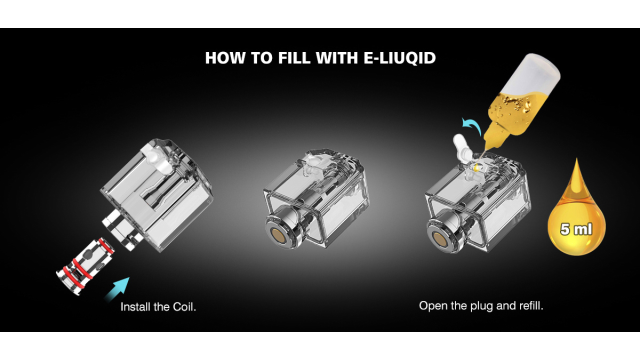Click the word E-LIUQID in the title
tap(397, 58)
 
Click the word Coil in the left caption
tap(184, 306)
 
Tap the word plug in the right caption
tap(481, 306)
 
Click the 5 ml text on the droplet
tap(576, 229)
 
